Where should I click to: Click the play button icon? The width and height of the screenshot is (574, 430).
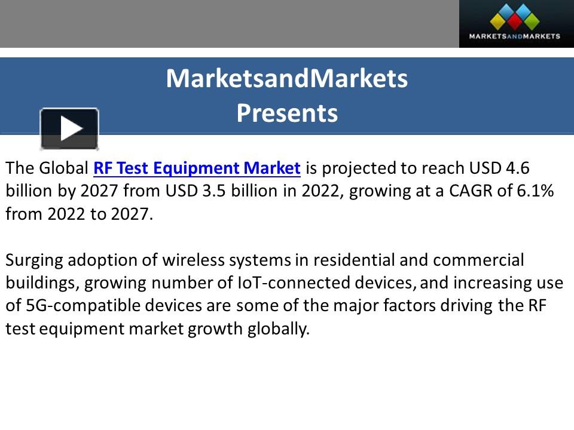[x=69, y=128]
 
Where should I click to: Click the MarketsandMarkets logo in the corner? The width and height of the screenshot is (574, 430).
[x=516, y=24]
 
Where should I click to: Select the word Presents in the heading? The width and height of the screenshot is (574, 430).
[x=287, y=113]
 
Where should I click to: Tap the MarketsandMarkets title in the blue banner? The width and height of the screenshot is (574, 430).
[x=287, y=78]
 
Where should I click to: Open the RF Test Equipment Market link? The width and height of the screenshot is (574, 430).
[x=197, y=168]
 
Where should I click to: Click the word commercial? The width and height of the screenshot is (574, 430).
[x=478, y=260]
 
